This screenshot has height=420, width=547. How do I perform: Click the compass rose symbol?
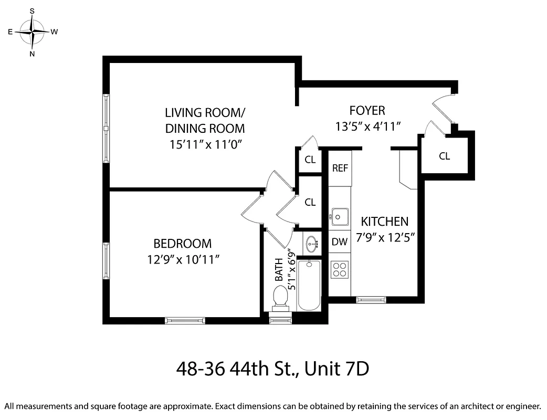(x=32, y=32)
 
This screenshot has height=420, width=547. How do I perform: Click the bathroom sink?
(x=311, y=243)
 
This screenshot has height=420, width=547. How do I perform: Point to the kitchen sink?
(x=340, y=215)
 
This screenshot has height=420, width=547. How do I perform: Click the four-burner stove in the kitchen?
(x=340, y=269)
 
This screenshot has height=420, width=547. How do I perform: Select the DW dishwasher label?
(x=340, y=242)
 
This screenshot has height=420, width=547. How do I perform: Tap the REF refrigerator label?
(x=340, y=169)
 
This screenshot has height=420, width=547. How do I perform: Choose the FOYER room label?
(x=367, y=111)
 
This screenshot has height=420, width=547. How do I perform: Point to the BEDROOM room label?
(x=182, y=244)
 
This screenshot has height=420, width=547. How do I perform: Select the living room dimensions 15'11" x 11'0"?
(x=205, y=144)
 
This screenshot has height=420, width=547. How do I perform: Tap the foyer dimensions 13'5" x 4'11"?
(x=368, y=127)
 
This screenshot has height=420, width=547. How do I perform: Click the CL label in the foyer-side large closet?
(x=444, y=156)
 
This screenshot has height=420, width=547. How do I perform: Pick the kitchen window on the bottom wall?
(x=372, y=300)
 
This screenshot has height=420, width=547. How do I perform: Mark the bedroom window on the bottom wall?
(x=185, y=320)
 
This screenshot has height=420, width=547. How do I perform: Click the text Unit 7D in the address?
(x=336, y=369)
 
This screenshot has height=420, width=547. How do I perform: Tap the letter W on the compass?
(x=55, y=31)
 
